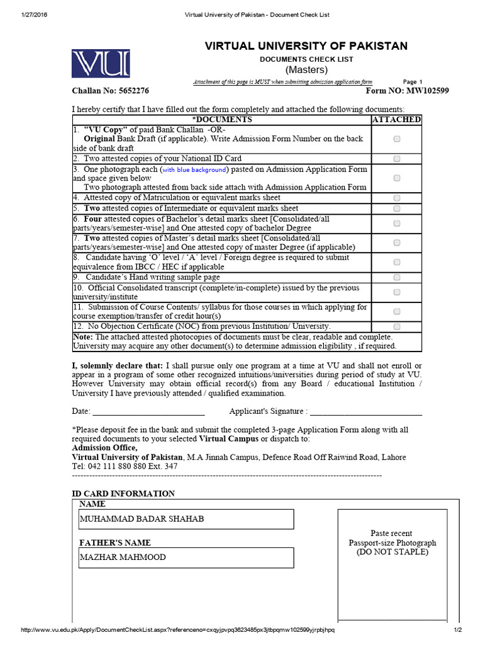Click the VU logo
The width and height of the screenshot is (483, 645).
click(x=101, y=64)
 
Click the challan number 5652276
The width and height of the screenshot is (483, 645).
click(x=128, y=91)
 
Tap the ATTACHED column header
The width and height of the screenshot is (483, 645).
click(x=396, y=120)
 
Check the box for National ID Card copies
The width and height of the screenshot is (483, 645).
click(x=397, y=159)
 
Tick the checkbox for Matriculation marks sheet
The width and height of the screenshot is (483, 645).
click(x=397, y=198)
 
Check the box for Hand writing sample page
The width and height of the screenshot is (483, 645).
click(x=397, y=277)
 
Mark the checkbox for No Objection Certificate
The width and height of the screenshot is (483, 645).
click(x=397, y=326)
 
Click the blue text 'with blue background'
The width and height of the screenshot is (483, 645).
click(x=194, y=170)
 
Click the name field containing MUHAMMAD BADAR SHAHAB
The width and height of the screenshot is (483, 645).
click(x=186, y=519)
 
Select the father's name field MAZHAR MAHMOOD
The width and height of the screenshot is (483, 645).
click(x=186, y=557)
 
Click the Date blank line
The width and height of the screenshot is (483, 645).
click(x=148, y=413)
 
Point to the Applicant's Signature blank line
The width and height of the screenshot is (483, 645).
click(x=366, y=413)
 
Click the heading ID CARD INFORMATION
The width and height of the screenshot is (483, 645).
click(x=123, y=494)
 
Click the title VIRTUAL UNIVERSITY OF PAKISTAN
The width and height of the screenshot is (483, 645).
click(x=306, y=46)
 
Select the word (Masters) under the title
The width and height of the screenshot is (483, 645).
click(x=306, y=69)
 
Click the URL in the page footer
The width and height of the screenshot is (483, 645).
click(x=178, y=630)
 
